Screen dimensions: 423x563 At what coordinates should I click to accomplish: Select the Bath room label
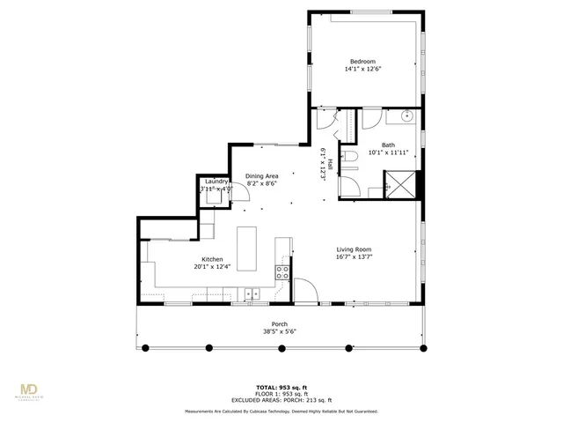(388, 145)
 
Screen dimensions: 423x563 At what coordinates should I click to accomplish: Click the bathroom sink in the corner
(407, 115)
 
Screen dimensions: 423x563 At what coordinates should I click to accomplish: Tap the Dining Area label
(262, 175)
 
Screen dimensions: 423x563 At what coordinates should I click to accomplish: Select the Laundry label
(216, 182)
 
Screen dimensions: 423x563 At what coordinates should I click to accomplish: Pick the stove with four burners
(283, 272)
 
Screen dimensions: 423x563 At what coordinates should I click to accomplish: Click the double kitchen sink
(252, 294)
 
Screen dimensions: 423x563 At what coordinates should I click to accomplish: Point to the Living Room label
(354, 250)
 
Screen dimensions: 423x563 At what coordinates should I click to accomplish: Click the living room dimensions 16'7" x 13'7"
(354, 258)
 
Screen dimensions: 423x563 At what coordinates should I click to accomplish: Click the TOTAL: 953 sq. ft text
(281, 387)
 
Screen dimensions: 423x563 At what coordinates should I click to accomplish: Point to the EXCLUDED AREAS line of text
(281, 399)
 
